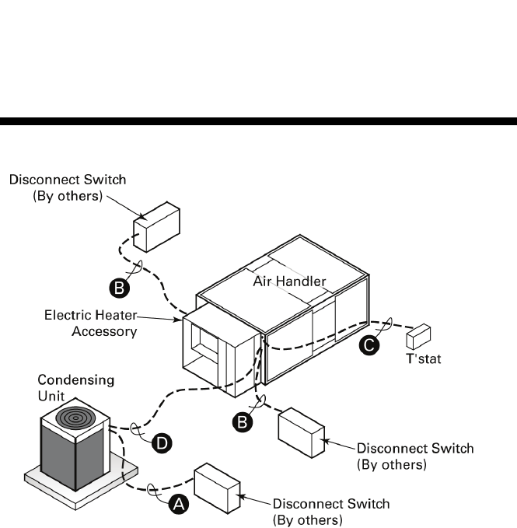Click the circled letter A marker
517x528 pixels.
(179, 504)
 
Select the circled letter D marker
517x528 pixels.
(162, 442)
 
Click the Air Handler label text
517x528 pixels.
(290, 281)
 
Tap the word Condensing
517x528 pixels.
(77, 380)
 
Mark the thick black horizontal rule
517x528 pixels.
(258, 121)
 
